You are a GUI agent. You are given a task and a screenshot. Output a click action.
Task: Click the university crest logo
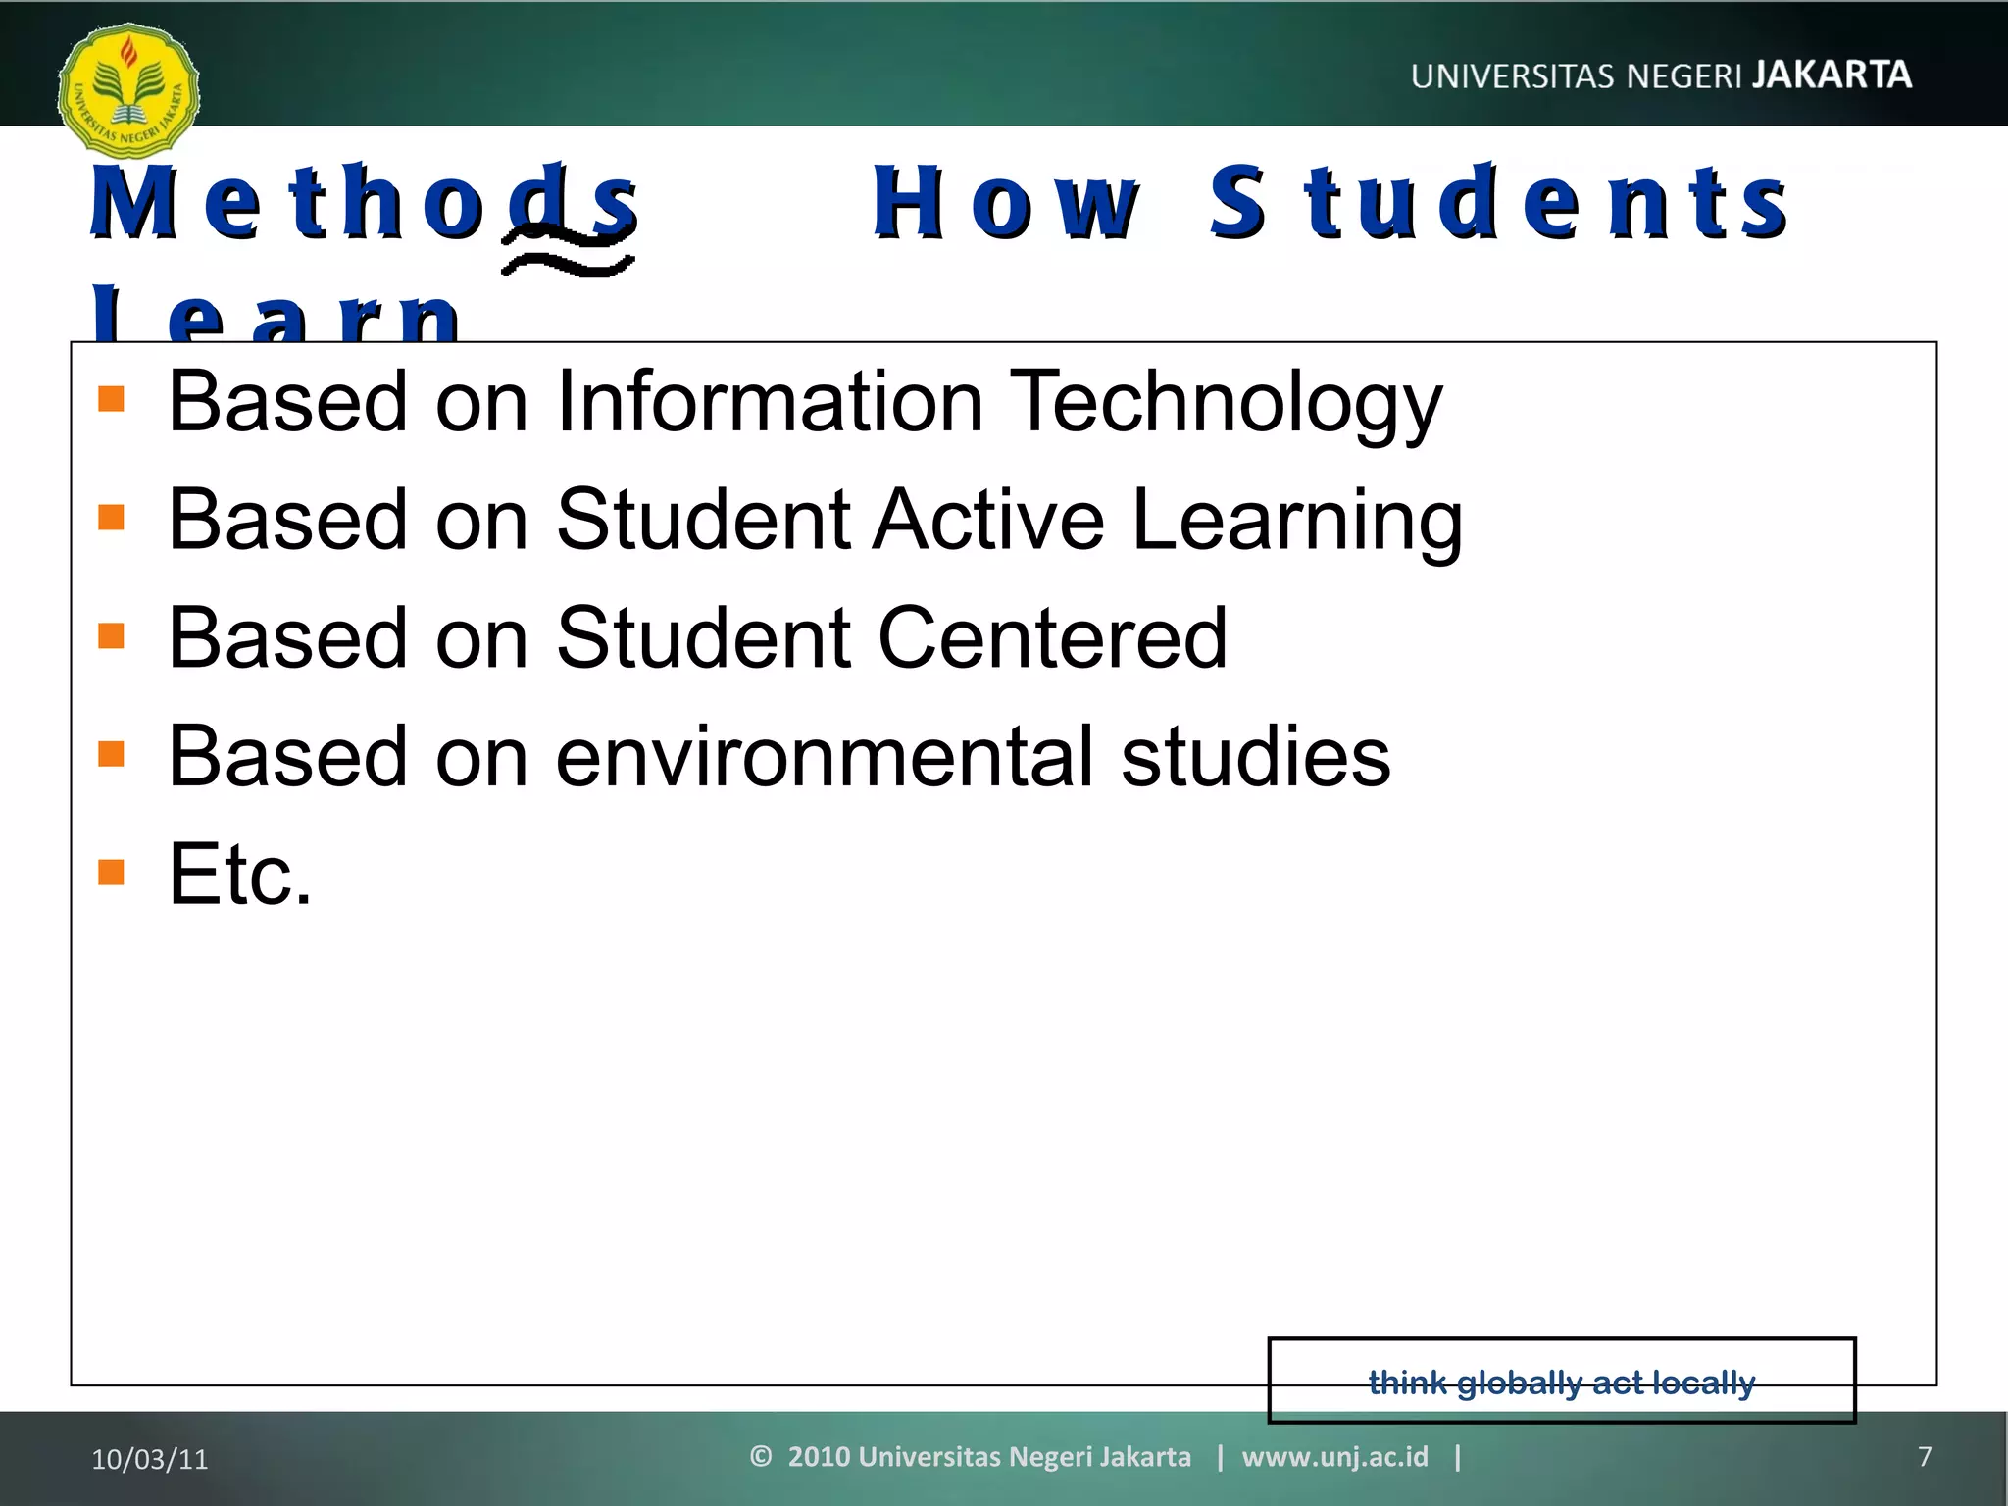(128, 91)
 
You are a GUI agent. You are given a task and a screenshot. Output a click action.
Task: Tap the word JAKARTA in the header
(1832, 75)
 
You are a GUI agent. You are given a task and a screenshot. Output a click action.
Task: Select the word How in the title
(1006, 203)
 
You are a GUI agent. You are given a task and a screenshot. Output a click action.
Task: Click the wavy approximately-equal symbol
(569, 252)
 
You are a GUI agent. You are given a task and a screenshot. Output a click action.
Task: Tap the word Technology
(1226, 401)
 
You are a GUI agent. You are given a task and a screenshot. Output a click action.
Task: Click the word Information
(770, 401)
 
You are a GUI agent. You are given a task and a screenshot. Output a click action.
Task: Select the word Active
(989, 519)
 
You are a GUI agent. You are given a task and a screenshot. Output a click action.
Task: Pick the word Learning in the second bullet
(1297, 521)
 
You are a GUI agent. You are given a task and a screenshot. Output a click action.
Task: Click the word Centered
(1052, 637)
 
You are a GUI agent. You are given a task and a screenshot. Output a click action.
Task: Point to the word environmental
(825, 756)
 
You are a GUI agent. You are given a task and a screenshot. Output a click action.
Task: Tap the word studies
(1255, 756)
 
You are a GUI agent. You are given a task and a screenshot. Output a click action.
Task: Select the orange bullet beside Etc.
(112, 872)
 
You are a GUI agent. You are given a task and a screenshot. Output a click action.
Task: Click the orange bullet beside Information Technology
(112, 399)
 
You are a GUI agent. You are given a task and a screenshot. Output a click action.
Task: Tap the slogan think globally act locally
(1562, 1382)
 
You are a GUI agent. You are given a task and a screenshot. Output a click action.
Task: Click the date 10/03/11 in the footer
(150, 1459)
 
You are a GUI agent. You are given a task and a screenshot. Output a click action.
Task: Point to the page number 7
(1925, 1457)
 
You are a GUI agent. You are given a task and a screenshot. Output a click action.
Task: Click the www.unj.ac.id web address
(1334, 1457)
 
